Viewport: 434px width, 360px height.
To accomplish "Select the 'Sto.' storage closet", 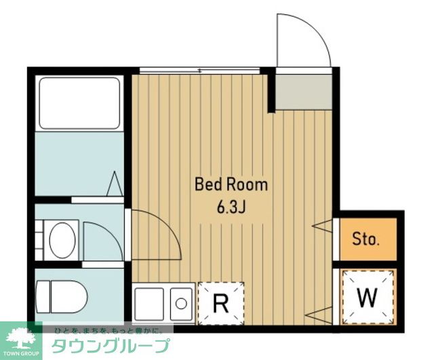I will [366, 239].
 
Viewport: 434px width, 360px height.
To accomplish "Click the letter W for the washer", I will [366, 296].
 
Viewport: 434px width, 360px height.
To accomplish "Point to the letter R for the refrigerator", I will [220, 303].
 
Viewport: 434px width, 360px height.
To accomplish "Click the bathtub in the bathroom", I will [79, 103].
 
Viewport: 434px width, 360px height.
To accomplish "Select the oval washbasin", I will [64, 239].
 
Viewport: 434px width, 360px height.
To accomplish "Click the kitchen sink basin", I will [182, 302].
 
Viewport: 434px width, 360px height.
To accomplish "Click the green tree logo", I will [20, 336].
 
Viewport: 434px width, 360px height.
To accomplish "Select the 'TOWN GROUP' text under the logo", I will [21, 354].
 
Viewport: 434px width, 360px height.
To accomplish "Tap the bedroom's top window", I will [199, 70].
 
